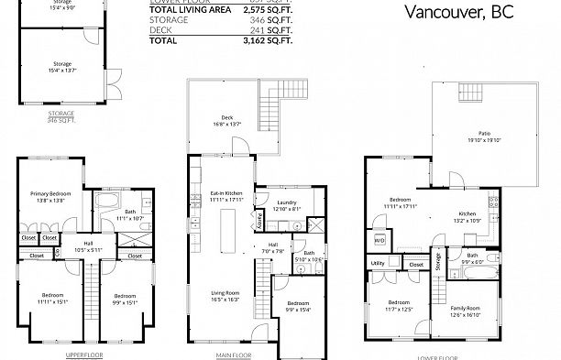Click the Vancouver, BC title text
coord(458,14)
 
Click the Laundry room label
coord(287,205)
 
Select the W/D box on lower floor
coord(379,242)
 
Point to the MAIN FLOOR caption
coord(235,354)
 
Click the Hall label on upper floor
coord(89,244)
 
